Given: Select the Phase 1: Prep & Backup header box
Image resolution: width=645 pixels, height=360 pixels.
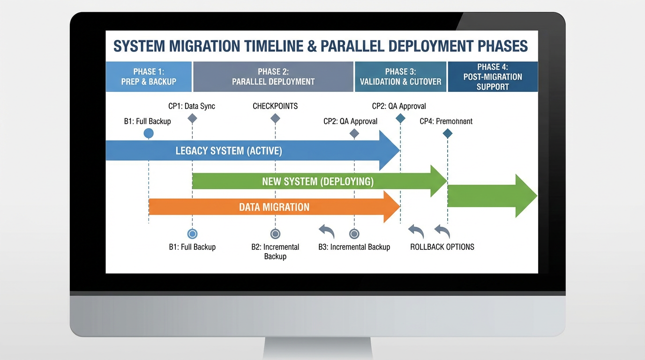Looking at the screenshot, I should (x=149, y=76).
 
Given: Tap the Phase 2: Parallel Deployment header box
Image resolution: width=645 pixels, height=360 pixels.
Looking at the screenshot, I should (x=273, y=76).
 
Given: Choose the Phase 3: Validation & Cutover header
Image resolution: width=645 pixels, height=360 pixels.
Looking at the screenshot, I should (x=401, y=76).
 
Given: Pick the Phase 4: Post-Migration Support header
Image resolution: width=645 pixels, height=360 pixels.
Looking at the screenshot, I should (x=493, y=76).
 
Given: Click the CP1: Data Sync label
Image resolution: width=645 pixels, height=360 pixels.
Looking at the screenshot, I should (x=192, y=106).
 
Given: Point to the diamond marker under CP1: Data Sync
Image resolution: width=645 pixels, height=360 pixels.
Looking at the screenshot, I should (x=192, y=119).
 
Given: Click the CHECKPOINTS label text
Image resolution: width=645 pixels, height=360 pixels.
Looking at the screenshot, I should (x=275, y=106).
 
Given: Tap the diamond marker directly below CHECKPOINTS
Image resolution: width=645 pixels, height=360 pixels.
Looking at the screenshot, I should (x=275, y=119).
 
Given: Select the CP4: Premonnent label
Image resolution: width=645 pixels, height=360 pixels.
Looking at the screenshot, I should (x=446, y=121).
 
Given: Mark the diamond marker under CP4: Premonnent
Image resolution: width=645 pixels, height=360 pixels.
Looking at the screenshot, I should (x=448, y=134).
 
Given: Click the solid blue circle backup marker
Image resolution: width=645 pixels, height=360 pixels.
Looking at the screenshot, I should (x=149, y=134).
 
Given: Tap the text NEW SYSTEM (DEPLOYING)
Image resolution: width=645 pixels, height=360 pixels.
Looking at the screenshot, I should (x=318, y=181).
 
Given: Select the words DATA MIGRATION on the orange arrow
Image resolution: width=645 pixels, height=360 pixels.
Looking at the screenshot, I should (x=274, y=207).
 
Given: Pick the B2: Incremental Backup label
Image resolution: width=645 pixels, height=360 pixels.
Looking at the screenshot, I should (x=275, y=251).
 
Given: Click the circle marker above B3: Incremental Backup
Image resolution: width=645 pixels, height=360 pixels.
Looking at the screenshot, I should (x=354, y=234).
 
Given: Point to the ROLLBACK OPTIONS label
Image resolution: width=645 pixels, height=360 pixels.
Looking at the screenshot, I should (x=442, y=247).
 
